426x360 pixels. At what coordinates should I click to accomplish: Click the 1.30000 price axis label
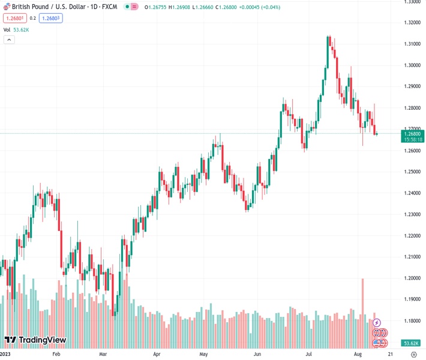412,65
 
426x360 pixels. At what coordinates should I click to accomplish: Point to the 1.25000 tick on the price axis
412,172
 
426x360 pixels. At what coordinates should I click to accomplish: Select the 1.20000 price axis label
412,278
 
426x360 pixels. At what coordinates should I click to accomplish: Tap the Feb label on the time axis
56,355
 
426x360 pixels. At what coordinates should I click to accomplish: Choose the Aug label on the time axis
358,355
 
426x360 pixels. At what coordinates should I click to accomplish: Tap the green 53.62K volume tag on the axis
411,343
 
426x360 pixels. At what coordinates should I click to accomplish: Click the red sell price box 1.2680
14,19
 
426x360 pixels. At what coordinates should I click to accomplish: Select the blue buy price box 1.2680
50,19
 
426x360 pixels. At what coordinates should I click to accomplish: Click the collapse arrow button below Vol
9,40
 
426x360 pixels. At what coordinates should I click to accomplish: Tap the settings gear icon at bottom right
413,355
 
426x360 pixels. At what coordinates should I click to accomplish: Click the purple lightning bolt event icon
377,323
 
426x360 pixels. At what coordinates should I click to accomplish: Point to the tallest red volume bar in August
363,312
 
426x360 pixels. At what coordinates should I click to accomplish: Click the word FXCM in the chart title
109,7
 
